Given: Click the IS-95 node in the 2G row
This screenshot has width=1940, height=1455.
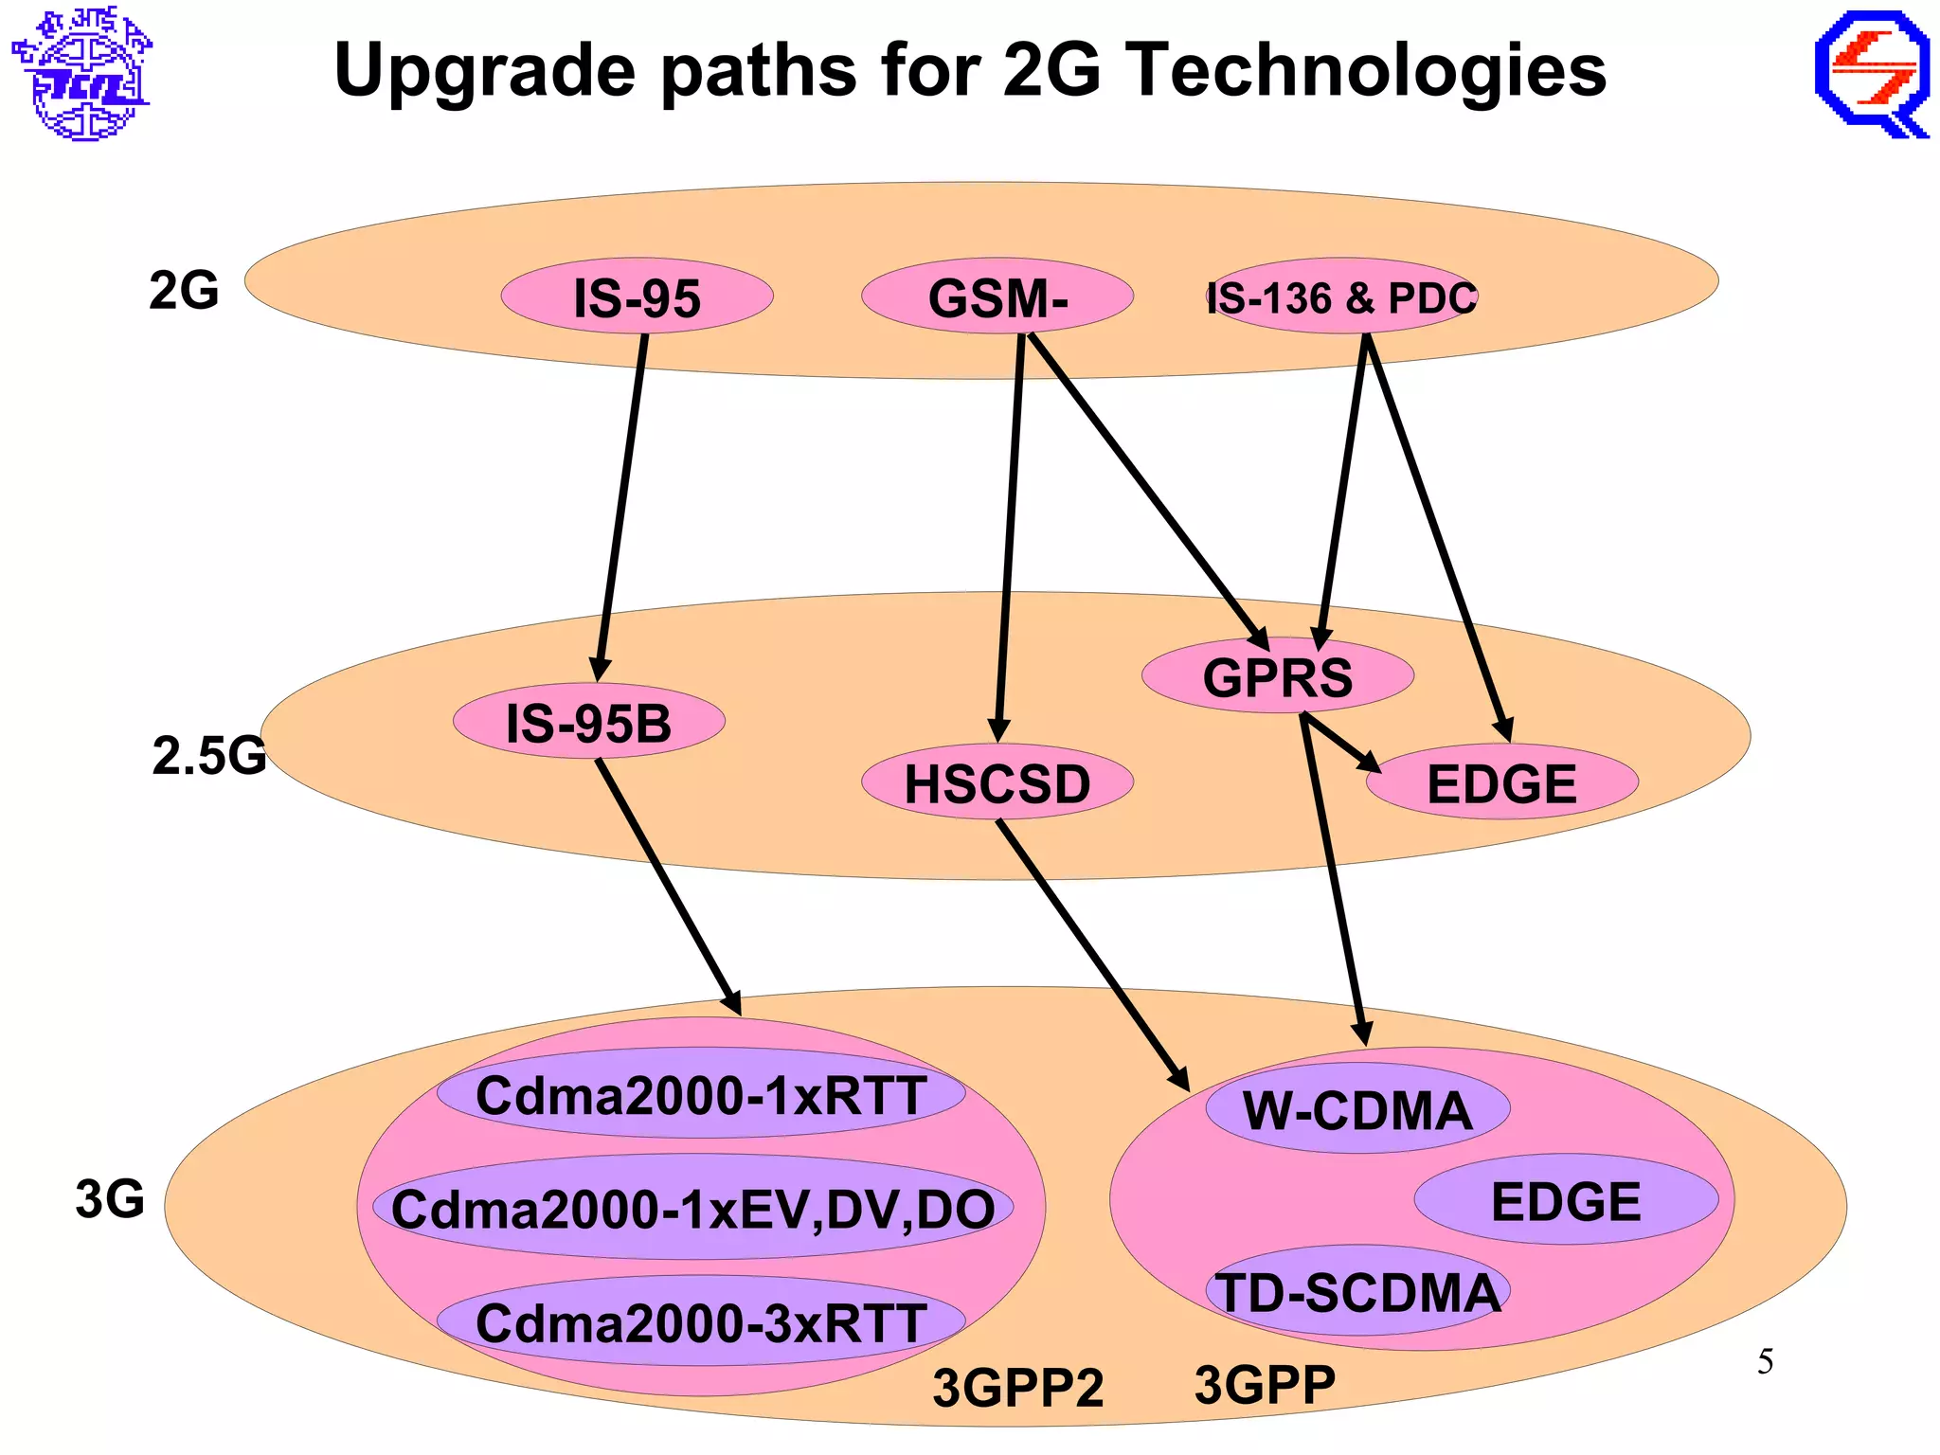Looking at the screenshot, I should coord(637,297).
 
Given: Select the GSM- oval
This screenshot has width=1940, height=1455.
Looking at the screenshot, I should coord(997,297).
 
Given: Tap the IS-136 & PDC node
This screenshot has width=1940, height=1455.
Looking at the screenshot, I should coord(1341,297).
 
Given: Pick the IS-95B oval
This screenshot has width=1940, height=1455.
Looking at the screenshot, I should coord(588,722).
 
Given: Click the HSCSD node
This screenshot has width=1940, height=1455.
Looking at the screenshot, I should coord(997,783).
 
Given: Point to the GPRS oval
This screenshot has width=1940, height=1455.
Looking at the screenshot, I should coord(1277,676).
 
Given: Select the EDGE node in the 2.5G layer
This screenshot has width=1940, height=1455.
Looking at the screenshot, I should coord(1501,783).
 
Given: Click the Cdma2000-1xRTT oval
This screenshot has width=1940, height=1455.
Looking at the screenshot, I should coord(700,1094).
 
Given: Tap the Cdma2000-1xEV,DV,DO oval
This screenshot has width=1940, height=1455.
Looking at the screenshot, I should coord(692,1208).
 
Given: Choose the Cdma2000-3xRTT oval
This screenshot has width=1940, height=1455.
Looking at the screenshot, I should coord(700,1321).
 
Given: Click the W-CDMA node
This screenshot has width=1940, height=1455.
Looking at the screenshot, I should coord(1356,1109).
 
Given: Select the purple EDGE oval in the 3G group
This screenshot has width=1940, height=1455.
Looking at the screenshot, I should coord(1565,1200).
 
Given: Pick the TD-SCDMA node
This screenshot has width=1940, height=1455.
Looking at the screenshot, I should coord(1356,1291).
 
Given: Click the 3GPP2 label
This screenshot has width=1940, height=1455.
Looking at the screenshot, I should coord(1017,1387).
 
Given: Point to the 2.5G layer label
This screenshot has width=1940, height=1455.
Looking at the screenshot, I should coord(208,755).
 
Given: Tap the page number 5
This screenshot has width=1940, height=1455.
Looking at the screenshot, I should coord(1765,1361).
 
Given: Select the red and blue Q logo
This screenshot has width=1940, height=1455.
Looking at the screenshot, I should coord(1872,74).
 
